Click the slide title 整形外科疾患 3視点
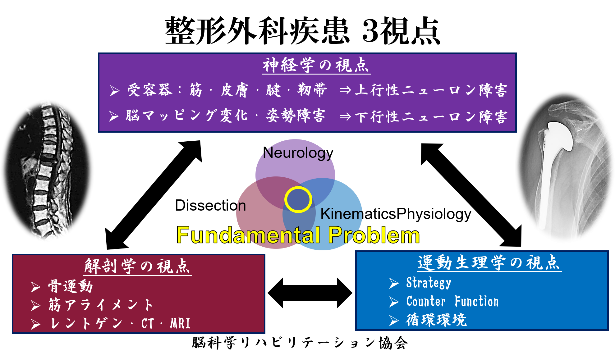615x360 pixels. click(x=302, y=31)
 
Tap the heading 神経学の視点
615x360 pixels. click(x=316, y=65)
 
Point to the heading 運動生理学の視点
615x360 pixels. click(x=489, y=263)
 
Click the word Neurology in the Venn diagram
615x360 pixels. click(x=298, y=153)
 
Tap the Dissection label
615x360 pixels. click(x=210, y=205)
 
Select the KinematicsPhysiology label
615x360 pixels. click(x=396, y=214)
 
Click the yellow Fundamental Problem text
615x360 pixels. click(x=298, y=235)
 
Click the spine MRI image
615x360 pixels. click(x=47, y=171)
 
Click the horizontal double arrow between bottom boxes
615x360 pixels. click(x=310, y=293)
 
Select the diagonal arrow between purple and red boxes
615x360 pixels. click(x=154, y=195)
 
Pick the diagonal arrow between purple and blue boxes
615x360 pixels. click(x=471, y=195)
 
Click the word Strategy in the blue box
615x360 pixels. click(x=429, y=283)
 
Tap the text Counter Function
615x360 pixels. click(x=452, y=301)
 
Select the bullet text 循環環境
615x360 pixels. click(x=436, y=320)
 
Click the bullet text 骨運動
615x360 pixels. click(x=71, y=286)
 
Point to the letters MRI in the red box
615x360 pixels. click(x=180, y=323)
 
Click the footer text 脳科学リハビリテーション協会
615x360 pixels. click(x=300, y=343)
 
